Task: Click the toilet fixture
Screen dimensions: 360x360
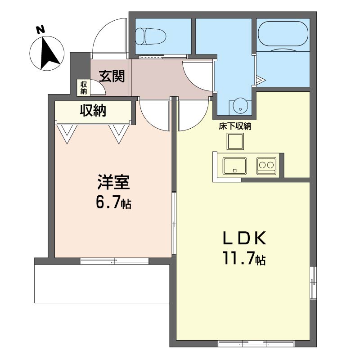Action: click(x=151, y=36)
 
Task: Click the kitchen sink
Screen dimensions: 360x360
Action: click(x=235, y=166)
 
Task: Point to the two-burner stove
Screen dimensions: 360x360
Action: click(x=266, y=166)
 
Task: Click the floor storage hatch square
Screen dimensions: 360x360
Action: click(x=235, y=141)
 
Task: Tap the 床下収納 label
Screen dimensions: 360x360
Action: click(x=235, y=126)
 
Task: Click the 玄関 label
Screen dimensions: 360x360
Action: click(x=112, y=76)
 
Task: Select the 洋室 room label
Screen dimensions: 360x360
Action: click(x=114, y=182)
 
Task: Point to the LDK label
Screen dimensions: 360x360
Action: click(x=244, y=238)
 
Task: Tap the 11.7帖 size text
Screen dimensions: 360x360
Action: click(x=244, y=259)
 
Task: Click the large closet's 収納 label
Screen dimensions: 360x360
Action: click(x=93, y=110)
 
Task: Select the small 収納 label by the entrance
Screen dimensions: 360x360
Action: click(x=84, y=87)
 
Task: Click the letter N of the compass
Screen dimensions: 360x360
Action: click(x=40, y=30)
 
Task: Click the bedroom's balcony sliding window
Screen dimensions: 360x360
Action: click(x=115, y=261)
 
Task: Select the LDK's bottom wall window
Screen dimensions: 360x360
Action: click(x=256, y=344)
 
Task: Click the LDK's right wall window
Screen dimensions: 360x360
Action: click(x=313, y=283)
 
